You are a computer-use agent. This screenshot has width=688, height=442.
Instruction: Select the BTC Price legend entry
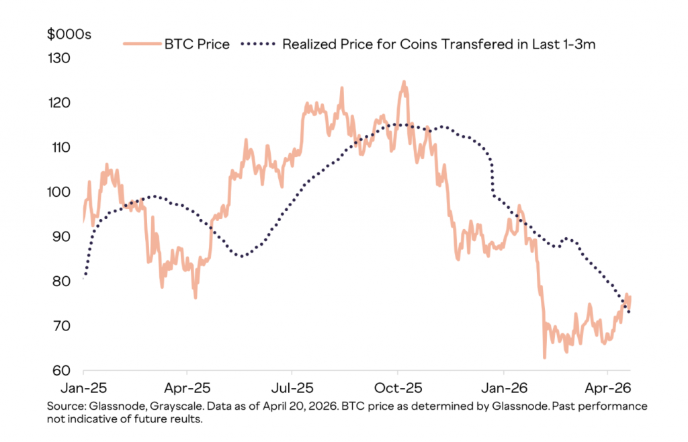pyautogui.click(x=197, y=45)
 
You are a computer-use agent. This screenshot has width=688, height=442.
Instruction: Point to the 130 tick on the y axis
pyautogui.click(x=60, y=58)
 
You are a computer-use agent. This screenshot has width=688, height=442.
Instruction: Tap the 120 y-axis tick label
pyautogui.click(x=60, y=103)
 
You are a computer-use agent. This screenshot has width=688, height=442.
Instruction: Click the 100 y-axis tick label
pyautogui.click(x=60, y=192)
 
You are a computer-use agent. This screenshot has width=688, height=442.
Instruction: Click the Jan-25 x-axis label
pyautogui.click(x=83, y=388)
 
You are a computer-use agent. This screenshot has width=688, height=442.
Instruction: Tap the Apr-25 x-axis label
pyautogui.click(x=187, y=388)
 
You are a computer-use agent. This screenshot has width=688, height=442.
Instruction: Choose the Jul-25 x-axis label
pyautogui.click(x=292, y=388)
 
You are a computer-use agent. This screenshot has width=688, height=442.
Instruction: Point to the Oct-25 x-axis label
pyautogui.click(x=398, y=388)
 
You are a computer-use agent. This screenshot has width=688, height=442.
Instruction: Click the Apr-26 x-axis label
pyautogui.click(x=607, y=388)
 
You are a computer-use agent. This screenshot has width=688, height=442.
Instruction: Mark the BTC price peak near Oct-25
pyautogui.click(x=404, y=82)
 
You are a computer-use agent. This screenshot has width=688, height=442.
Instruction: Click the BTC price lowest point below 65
pyautogui.click(x=544, y=357)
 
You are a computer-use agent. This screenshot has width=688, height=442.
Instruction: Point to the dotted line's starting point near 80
pyautogui.click(x=84, y=277)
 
